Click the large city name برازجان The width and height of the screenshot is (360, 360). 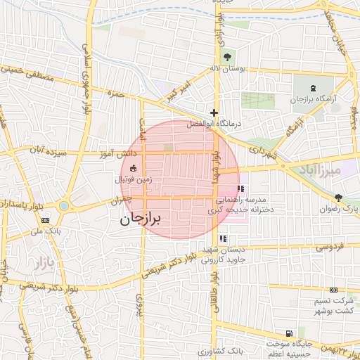click(141, 219)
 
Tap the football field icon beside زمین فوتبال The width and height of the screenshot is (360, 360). click(133, 167)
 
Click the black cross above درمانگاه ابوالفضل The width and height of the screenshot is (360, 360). click(214, 112)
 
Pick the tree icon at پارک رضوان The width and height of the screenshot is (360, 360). click(339, 198)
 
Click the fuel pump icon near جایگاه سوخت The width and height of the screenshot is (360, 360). click(288, 333)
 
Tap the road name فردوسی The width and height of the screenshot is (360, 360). click(328, 247)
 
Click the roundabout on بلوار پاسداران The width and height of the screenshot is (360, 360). click(65, 207)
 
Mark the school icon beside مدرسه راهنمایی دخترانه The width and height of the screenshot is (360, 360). click(241, 188)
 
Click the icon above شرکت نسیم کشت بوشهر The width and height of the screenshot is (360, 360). click(333, 290)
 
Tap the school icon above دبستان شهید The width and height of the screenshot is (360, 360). click(224, 238)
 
